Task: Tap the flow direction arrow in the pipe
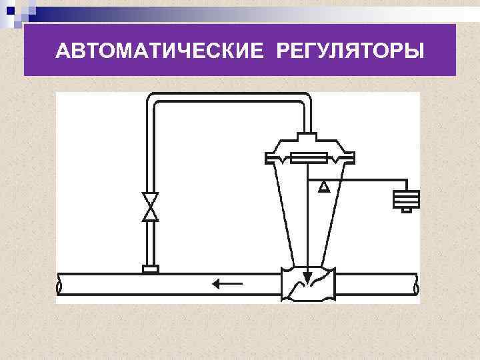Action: point(227,285)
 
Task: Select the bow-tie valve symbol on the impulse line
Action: point(151,207)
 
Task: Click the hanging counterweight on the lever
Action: point(406,199)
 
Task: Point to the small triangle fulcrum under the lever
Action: point(323,186)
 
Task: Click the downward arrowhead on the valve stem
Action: point(307,274)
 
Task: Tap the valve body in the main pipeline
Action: point(307,285)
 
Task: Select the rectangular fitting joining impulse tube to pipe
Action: point(151,269)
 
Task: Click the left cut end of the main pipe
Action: point(59,285)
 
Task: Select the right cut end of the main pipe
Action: point(417,285)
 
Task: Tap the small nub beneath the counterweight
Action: point(406,211)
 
